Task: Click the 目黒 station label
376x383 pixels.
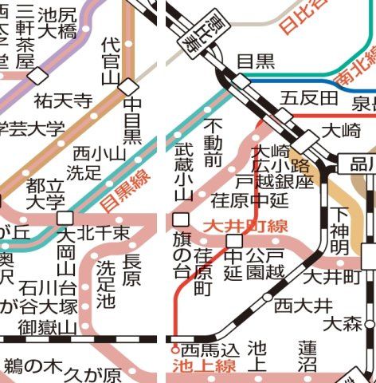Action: (256, 61)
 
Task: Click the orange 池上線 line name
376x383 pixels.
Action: (202, 367)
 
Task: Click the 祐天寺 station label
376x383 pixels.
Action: (64, 101)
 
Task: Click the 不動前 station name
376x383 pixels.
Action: (213, 144)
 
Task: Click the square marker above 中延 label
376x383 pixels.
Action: (234, 240)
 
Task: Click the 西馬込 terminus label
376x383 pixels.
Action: (206, 349)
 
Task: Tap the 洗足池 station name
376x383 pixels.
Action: (105, 285)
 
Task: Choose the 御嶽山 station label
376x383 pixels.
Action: (47, 327)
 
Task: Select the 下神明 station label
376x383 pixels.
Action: (339, 232)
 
